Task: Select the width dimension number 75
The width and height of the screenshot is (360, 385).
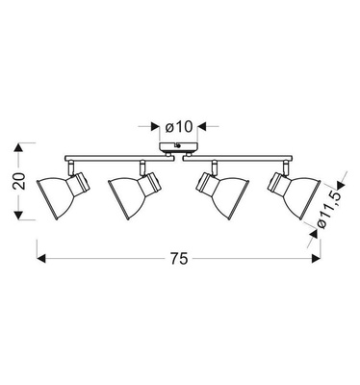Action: [x=177, y=258]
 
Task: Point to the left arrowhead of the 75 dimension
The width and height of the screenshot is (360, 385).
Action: [x=40, y=258]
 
